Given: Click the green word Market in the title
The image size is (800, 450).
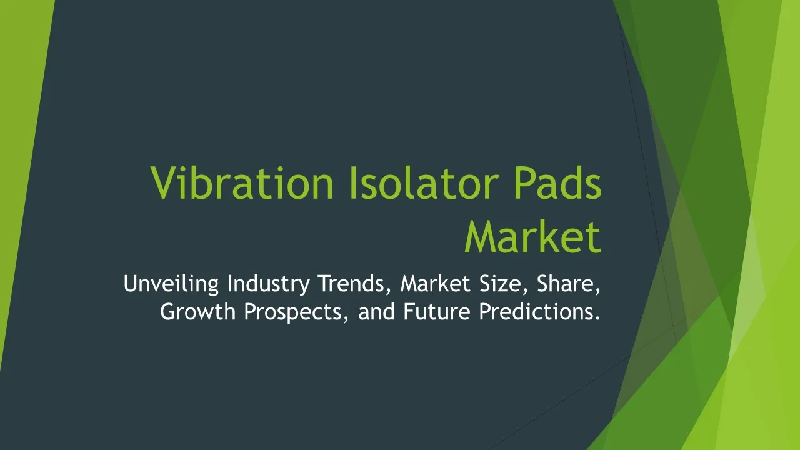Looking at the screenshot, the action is pyautogui.click(x=533, y=237).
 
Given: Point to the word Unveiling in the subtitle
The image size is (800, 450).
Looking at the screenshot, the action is pyautogui.click(x=171, y=284).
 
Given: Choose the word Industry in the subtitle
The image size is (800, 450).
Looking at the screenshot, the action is pyautogui.click(x=269, y=284).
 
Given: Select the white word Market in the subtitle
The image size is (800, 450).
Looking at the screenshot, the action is pyautogui.click(x=436, y=284).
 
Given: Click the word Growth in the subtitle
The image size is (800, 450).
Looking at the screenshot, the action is pyautogui.click(x=198, y=311).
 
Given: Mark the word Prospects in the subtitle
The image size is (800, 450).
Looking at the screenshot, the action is pyautogui.click(x=296, y=312).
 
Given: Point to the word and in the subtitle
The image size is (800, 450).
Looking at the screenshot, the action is pyautogui.click(x=376, y=311).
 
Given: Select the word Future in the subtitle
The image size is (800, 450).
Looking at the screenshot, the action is pyautogui.click(x=437, y=311).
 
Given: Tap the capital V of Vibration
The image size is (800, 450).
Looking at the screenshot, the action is pyautogui.click(x=166, y=183).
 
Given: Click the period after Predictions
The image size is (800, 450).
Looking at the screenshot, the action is pyautogui.click(x=597, y=318).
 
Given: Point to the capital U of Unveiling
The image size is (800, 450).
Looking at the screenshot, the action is pyautogui.click(x=131, y=284).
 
